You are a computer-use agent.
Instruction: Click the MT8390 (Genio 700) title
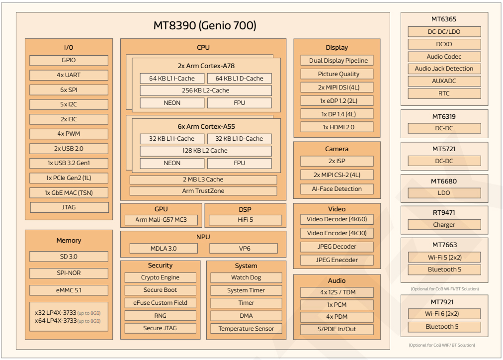pyautogui.click(x=204, y=26)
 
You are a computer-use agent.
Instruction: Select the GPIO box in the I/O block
pyautogui.click(x=69, y=60)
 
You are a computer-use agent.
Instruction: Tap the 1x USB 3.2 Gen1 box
pyautogui.click(x=69, y=163)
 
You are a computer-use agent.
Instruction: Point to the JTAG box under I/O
pyautogui.click(x=69, y=207)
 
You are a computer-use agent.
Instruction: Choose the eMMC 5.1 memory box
pyautogui.click(x=69, y=290)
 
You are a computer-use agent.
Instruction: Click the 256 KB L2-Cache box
pyautogui.click(x=206, y=90)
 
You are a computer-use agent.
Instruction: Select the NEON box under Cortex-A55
pyautogui.click(x=171, y=163)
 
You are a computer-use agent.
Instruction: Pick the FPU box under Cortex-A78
pyautogui.click(x=240, y=103)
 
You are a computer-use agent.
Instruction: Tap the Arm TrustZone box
pyautogui.click(x=203, y=191)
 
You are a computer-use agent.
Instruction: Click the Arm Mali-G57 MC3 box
pyautogui.click(x=161, y=220)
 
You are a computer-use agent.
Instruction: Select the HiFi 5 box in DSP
pyautogui.click(x=245, y=220)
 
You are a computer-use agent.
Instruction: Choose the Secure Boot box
pyautogui.click(x=160, y=290)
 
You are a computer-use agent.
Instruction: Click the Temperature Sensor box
pyautogui.click(x=246, y=329)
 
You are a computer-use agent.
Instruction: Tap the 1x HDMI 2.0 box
pyautogui.click(x=337, y=127)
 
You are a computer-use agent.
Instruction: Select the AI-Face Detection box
pyautogui.click(x=337, y=189)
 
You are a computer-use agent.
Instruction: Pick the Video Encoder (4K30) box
pyautogui.click(x=337, y=233)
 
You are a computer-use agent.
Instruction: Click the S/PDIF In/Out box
pyautogui.click(x=337, y=329)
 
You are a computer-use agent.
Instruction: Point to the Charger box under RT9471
pyautogui.click(x=444, y=225)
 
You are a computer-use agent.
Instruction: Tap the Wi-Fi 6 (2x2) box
pyautogui.click(x=444, y=314)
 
